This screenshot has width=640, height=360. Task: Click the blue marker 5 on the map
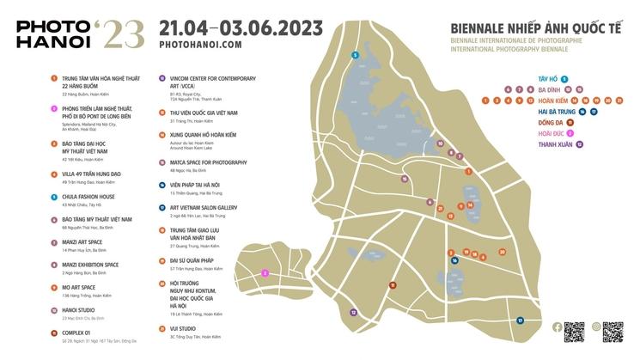(x=355, y=56)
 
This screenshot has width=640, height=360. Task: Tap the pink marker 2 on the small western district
(x=265, y=273)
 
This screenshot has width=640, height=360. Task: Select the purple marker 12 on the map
(x=353, y=313)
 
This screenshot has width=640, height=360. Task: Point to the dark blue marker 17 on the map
(x=520, y=320)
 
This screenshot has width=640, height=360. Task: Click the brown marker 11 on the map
(x=393, y=284)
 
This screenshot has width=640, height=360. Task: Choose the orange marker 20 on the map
(x=502, y=253)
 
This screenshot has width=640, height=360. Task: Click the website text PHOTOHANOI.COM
(x=200, y=45)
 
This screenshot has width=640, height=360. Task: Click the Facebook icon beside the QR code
(x=557, y=326)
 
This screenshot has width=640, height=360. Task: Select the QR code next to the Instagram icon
(x=613, y=331)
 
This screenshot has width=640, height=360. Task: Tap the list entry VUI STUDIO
(x=183, y=328)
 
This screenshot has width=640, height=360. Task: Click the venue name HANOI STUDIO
(x=78, y=309)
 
